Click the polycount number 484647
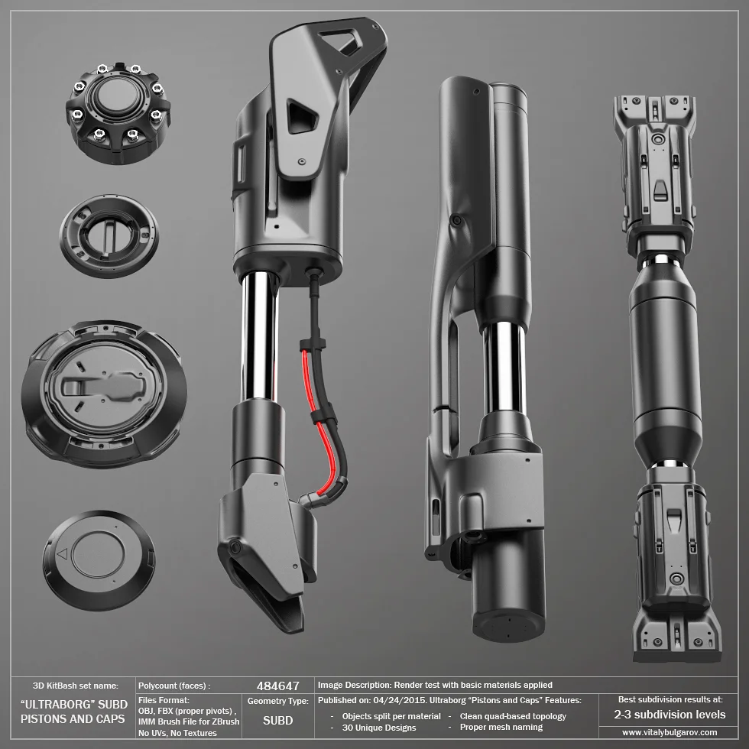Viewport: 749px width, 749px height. (278, 686)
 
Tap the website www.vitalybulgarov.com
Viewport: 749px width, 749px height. (670, 732)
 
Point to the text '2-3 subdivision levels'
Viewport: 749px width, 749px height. (670, 715)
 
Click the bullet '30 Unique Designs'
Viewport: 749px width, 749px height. (379, 728)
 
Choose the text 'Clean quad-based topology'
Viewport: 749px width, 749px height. (513, 716)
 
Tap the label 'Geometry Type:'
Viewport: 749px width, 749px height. (278, 702)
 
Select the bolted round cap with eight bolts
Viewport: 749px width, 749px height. (118, 113)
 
